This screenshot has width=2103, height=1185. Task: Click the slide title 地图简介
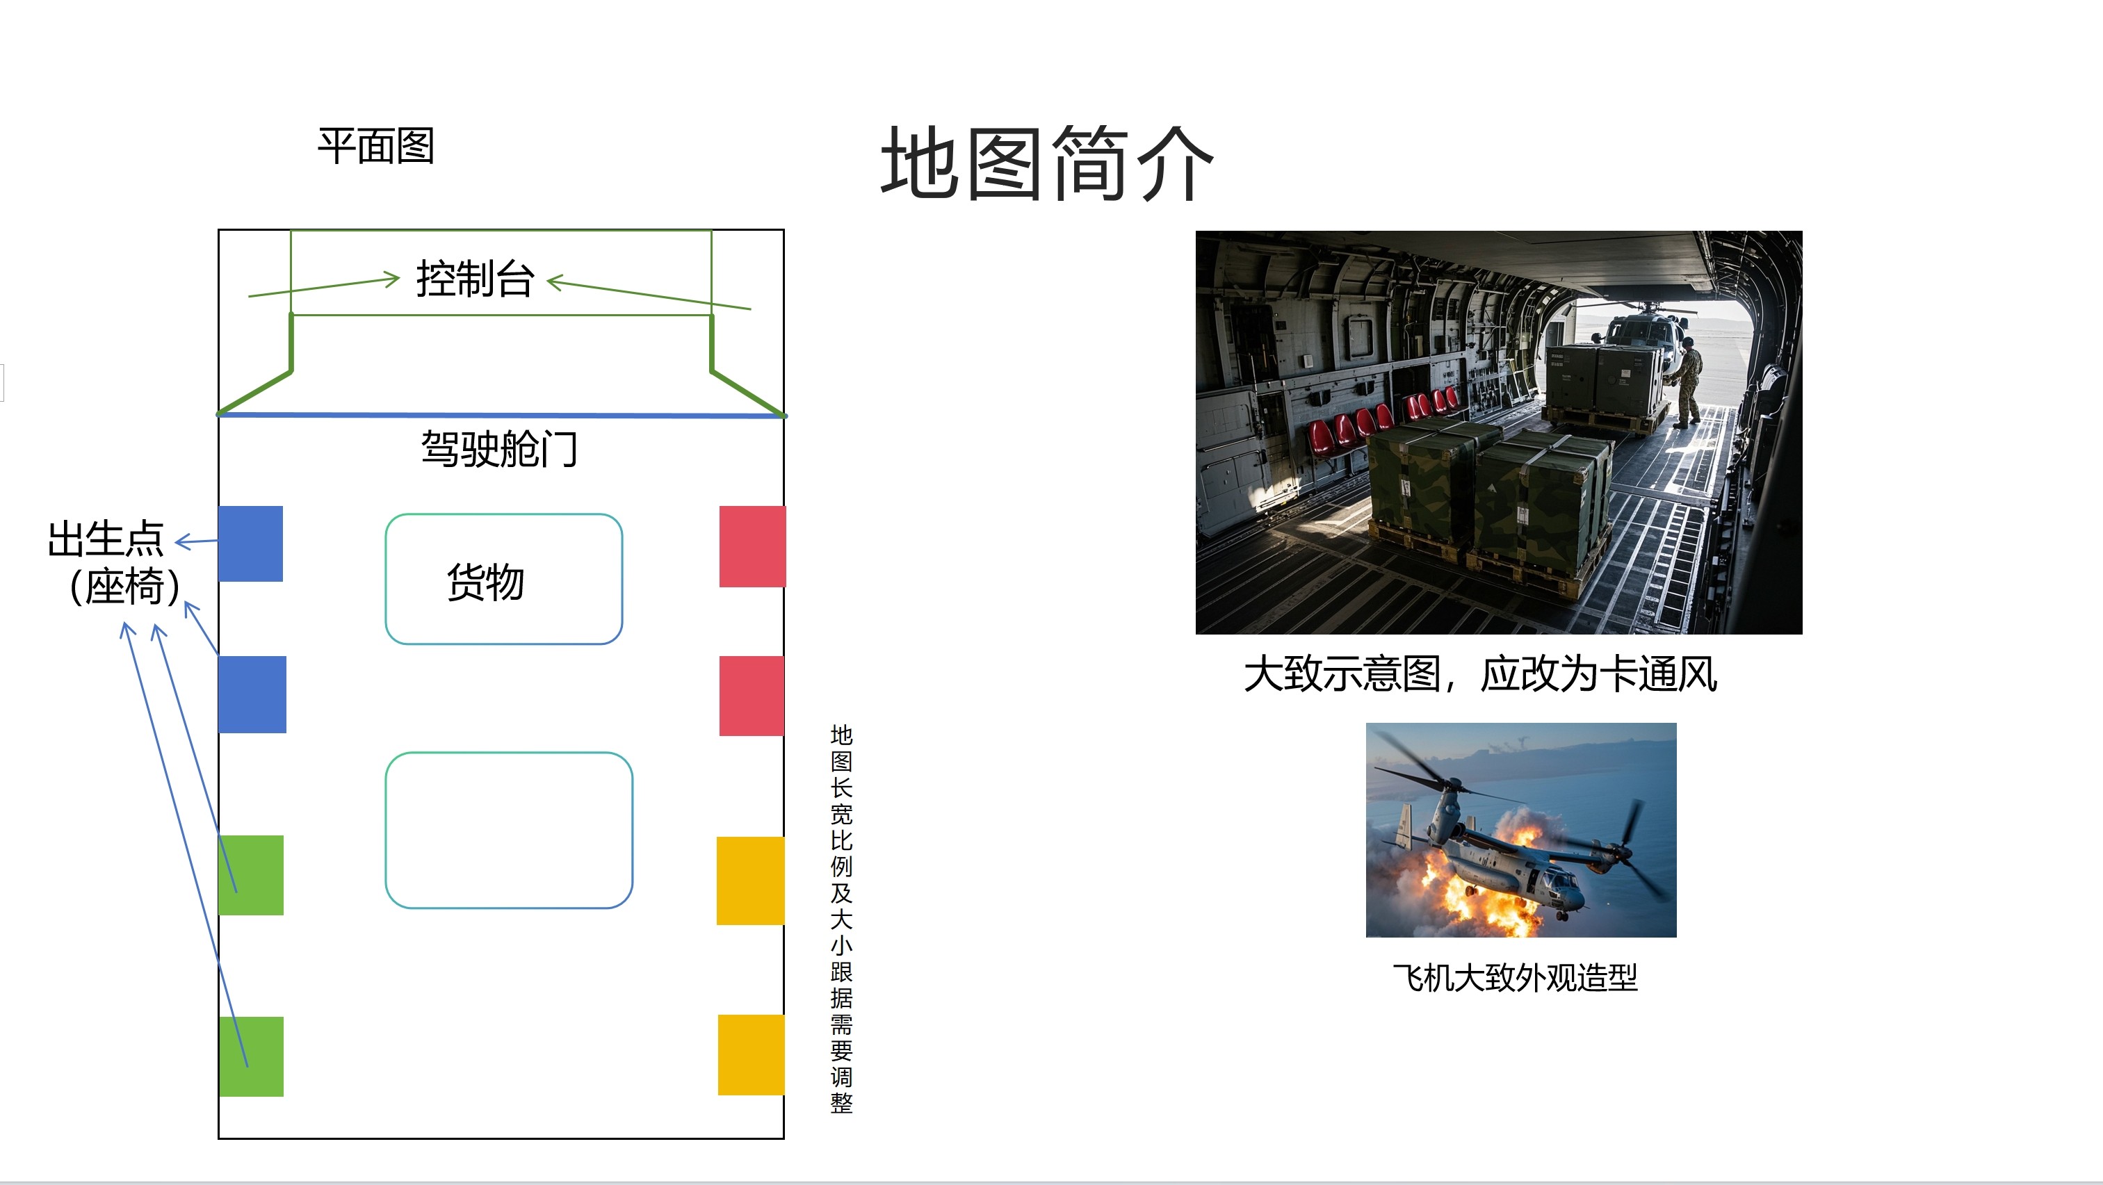[x=1048, y=163]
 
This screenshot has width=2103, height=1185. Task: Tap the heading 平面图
[x=376, y=146]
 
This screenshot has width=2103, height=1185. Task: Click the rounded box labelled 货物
[x=504, y=516]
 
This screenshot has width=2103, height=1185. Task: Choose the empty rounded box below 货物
[x=509, y=754]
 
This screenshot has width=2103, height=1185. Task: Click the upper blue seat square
[x=251, y=544]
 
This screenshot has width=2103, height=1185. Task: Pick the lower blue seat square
[x=252, y=694]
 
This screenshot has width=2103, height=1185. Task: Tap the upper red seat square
[x=752, y=546]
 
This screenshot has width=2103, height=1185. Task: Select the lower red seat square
[x=751, y=695]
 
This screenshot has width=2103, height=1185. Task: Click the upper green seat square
[x=252, y=875]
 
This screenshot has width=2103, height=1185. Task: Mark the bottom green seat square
[x=252, y=1056]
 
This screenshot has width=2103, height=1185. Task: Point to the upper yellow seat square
[x=750, y=881]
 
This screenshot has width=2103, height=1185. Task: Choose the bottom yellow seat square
[x=751, y=1054]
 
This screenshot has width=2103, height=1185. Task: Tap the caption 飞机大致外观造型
[x=1516, y=977]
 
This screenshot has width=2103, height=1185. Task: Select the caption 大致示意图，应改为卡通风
[x=1481, y=674]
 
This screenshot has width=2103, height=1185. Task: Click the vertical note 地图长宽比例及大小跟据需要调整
[x=842, y=919]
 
